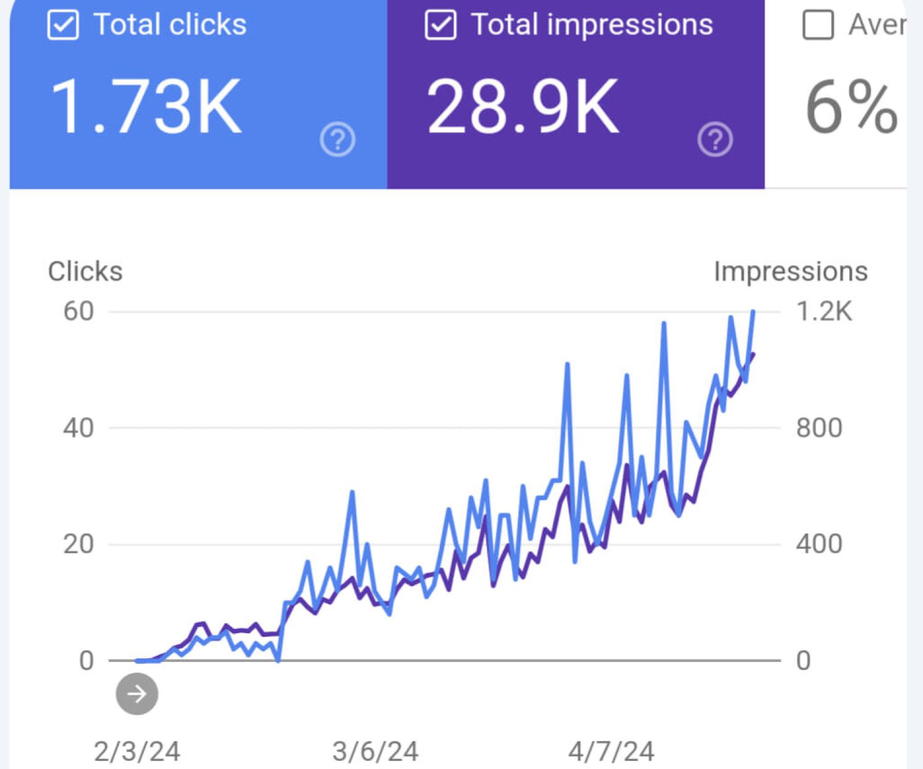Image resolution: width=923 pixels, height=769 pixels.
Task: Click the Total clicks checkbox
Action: tap(63, 25)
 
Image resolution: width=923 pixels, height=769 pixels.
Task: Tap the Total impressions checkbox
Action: tap(441, 25)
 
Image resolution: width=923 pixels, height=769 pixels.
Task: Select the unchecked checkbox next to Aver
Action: tap(818, 25)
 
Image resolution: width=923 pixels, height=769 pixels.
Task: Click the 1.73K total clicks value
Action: tap(146, 107)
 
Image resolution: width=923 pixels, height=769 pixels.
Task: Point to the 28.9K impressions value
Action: tap(523, 107)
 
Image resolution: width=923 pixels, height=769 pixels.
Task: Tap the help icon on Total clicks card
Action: tap(338, 140)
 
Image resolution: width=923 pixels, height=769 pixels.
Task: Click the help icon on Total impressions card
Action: tap(715, 140)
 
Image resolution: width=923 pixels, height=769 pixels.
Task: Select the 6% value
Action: tap(852, 108)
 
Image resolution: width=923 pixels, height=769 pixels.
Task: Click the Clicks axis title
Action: tap(86, 271)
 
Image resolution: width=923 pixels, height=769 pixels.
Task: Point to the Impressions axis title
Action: tap(791, 271)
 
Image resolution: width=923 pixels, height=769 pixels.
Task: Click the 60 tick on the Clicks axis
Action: tap(79, 311)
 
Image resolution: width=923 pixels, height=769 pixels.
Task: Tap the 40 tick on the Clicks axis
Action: tap(78, 428)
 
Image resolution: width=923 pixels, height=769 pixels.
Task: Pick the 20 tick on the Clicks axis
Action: tap(78, 544)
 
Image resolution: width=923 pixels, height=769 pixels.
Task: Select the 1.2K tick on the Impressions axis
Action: tap(824, 311)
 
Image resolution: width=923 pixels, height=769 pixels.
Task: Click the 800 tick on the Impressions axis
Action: tap(819, 428)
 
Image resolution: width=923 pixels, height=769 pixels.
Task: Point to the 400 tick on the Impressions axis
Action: tap(819, 544)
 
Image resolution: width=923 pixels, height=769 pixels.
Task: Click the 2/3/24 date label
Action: tap(137, 751)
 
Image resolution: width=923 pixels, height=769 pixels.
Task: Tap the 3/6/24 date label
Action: tap(375, 751)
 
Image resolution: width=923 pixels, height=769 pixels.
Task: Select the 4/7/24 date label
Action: tap(611, 751)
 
